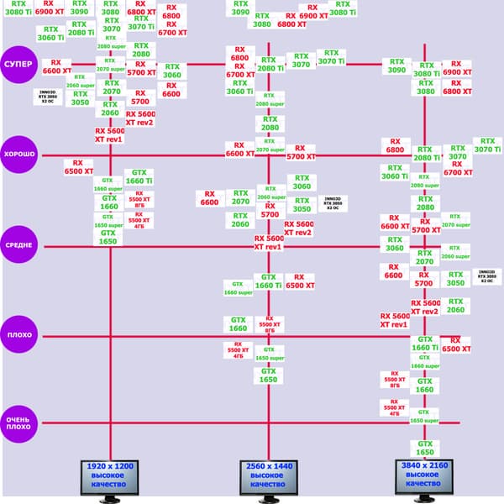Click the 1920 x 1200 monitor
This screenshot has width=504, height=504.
(109, 475)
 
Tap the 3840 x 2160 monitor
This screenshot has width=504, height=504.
(425, 475)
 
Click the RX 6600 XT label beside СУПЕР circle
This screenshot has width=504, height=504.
(56, 66)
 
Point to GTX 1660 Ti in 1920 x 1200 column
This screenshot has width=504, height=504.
(139, 176)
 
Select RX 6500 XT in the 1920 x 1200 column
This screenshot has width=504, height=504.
(78, 166)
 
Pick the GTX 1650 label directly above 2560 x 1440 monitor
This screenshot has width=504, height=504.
(267, 375)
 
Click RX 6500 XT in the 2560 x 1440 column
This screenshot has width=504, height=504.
(299, 281)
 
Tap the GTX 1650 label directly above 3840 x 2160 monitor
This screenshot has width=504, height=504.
(425, 448)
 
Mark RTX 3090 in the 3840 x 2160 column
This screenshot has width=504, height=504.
(396, 66)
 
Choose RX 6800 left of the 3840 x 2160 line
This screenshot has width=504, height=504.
(395, 146)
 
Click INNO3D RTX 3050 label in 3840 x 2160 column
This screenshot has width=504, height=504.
(486, 276)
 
